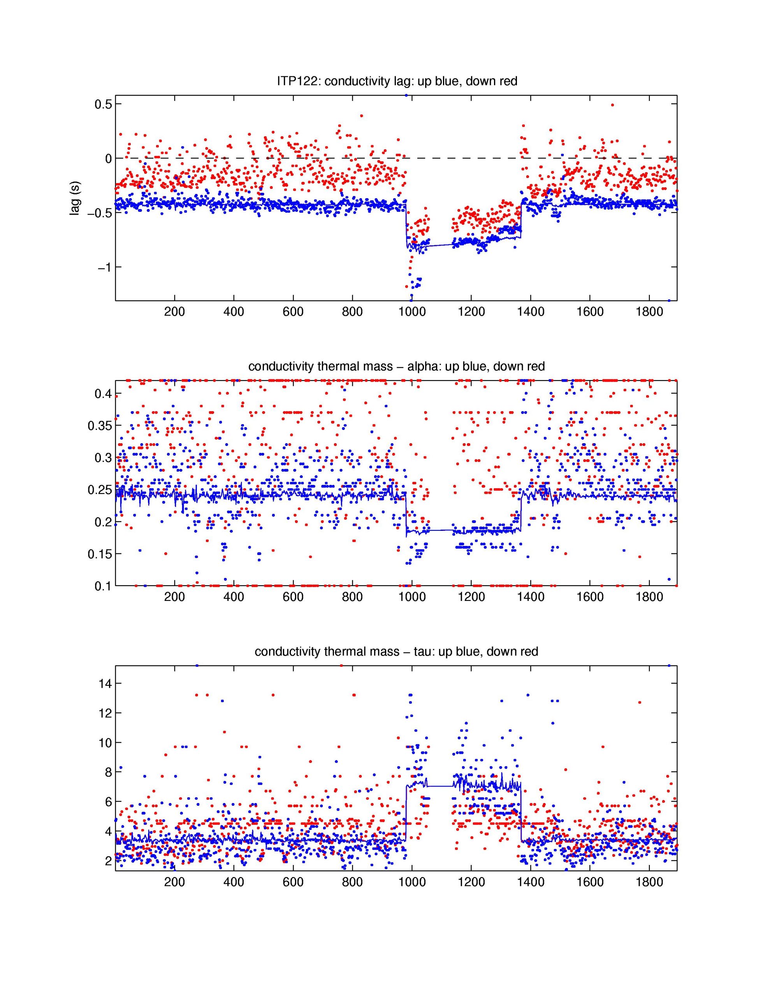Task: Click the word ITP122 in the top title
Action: [299, 82]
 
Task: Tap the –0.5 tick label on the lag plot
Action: [100, 213]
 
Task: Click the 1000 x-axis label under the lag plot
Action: [412, 312]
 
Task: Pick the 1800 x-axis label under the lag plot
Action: [649, 312]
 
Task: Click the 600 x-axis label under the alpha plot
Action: [293, 597]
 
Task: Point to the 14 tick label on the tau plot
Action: [105, 683]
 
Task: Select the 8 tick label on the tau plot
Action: [108, 772]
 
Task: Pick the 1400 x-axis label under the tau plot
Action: [530, 882]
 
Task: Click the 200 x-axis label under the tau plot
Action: [174, 882]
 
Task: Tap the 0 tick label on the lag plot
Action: [108, 159]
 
